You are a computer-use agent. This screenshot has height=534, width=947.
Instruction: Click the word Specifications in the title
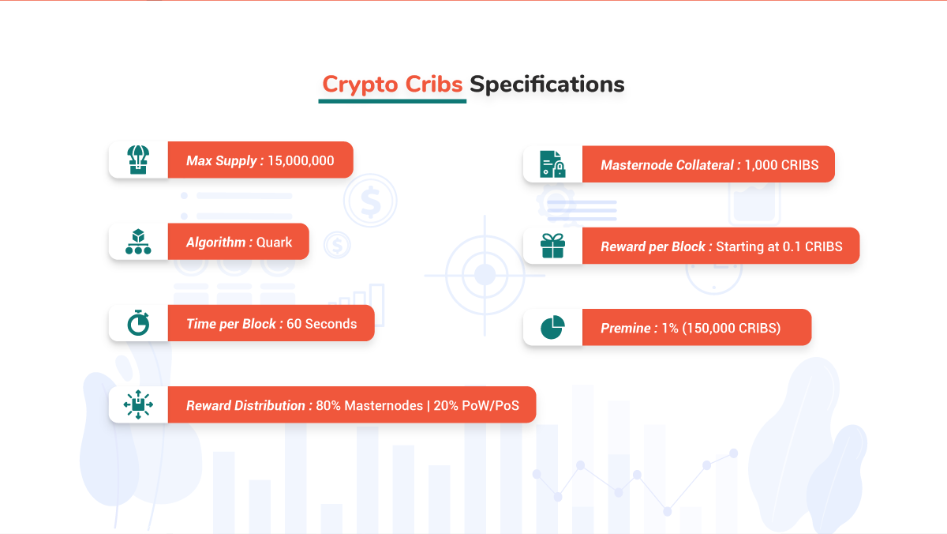(x=547, y=85)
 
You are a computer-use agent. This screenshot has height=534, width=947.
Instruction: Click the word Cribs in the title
(x=434, y=84)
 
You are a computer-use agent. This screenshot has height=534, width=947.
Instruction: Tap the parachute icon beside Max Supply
(x=138, y=160)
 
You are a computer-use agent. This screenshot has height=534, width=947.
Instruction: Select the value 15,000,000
(x=301, y=161)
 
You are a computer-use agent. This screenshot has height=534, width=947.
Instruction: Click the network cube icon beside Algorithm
(x=138, y=242)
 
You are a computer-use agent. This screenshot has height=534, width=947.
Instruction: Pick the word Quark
(x=274, y=243)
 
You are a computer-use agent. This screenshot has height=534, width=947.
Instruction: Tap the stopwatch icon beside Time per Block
(x=138, y=323)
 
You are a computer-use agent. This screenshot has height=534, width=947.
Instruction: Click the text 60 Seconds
(x=322, y=324)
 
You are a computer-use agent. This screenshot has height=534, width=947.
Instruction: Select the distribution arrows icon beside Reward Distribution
(x=138, y=404)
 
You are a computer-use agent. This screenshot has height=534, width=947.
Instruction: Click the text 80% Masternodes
(x=369, y=405)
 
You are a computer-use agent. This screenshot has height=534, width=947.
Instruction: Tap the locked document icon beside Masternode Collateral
(x=552, y=164)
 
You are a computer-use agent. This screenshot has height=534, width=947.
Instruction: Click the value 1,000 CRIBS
(x=781, y=165)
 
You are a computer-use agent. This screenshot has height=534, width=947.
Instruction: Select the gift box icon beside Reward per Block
(x=552, y=246)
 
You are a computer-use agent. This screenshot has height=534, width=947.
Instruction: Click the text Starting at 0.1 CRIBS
(x=779, y=246)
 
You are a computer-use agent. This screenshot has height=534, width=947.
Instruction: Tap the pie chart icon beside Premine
(x=552, y=327)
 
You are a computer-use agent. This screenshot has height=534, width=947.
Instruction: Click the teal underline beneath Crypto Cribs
(x=392, y=101)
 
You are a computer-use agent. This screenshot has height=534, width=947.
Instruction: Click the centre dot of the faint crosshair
(x=485, y=275)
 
